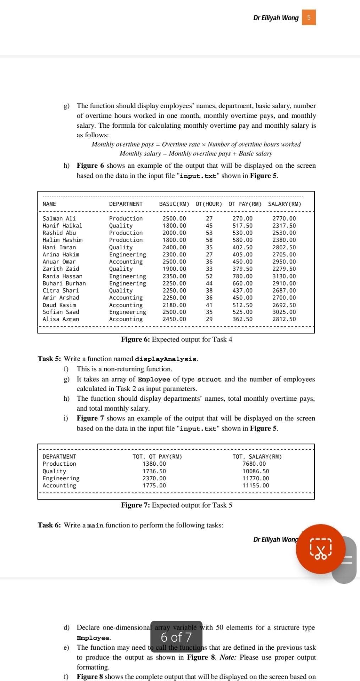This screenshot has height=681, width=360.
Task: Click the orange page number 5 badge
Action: click(309, 18)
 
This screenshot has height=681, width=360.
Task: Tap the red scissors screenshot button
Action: click(321, 549)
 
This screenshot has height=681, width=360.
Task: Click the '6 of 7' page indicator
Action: click(176, 637)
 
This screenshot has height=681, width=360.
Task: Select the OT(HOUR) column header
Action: click(209, 204)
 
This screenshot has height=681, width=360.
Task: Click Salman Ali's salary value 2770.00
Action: click(284, 218)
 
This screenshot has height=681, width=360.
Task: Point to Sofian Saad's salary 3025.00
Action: click(284, 312)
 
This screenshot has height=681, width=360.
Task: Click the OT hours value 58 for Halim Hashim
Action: click(209, 240)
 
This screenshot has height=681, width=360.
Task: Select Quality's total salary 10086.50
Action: click(255, 471)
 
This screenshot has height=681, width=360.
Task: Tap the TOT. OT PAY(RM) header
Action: click(157, 456)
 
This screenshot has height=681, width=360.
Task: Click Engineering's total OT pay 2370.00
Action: click(154, 478)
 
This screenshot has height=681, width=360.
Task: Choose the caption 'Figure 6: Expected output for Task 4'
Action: click(177, 339)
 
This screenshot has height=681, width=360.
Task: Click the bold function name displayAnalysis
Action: click(166, 359)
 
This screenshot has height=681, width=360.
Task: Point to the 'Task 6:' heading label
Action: click(49, 525)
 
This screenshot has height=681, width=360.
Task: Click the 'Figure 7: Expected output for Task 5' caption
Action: click(177, 505)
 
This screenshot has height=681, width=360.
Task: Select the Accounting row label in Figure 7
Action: click(59, 486)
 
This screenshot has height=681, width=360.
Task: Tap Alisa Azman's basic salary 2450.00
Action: click(174, 319)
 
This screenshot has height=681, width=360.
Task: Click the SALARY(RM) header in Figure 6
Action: click(284, 204)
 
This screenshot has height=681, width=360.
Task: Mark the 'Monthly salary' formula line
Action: click(196, 154)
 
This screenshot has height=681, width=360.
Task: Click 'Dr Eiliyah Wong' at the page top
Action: click(276, 18)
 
